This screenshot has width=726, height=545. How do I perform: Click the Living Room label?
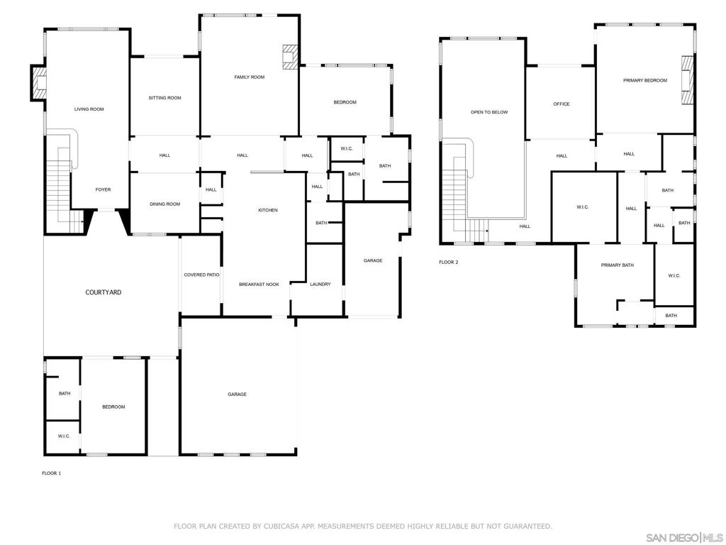point(89,109)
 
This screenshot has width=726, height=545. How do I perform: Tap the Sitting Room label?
point(164,98)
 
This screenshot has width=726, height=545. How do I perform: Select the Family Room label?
point(249,77)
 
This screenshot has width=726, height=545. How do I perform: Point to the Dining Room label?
point(164,204)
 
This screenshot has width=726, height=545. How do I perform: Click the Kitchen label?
point(267,210)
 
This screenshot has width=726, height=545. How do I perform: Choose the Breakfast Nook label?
point(259,285)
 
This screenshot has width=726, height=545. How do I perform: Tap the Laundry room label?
point(320,285)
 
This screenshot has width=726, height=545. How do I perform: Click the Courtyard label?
point(104,292)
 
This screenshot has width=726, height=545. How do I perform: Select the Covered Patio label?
point(201,275)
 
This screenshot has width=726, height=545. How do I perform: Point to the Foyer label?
point(103,189)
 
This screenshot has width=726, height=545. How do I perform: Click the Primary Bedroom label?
point(645,81)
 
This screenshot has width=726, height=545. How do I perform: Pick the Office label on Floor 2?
point(562,104)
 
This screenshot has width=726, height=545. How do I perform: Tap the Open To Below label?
point(489,112)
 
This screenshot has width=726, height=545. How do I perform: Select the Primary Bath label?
point(618,265)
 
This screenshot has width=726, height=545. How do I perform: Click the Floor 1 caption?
point(51,473)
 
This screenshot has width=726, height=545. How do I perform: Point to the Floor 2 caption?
point(448,263)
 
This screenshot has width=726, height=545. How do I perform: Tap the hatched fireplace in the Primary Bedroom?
point(688,79)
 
